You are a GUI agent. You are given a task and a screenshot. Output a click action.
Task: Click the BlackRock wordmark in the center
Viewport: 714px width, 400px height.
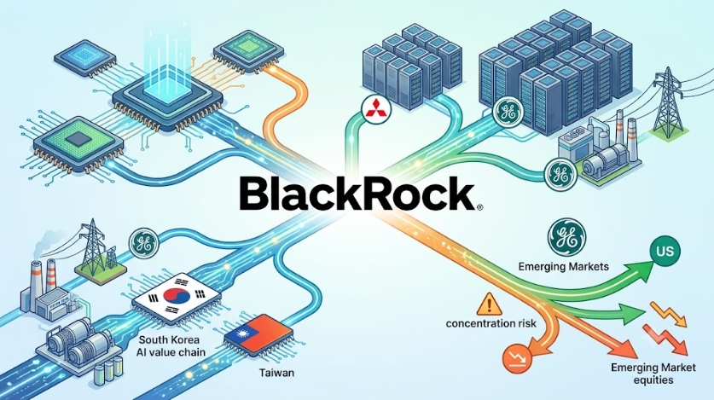coord(357,194)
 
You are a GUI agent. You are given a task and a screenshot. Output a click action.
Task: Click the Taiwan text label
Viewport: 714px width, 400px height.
coord(276,373)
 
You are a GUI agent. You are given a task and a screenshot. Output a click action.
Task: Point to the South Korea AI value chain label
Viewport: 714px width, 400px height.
coord(171,346)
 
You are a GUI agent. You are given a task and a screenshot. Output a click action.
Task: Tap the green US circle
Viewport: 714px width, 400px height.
coord(665,251)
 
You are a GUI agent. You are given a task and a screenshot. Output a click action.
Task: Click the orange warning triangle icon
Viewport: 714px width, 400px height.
coord(489,304)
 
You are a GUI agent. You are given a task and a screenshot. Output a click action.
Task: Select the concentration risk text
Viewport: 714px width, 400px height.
coord(491,323)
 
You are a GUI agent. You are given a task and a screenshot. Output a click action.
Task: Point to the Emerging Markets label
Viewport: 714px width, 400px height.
coord(563,266)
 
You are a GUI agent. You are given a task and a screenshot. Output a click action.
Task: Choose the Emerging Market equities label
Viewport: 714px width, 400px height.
coord(653,374)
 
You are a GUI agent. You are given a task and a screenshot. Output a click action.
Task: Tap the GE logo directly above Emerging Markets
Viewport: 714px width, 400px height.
coord(567,236)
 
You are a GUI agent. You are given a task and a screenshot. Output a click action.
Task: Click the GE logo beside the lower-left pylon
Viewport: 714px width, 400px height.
coord(143,243)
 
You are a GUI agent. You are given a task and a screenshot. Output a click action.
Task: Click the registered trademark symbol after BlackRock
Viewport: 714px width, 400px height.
coord(479,208)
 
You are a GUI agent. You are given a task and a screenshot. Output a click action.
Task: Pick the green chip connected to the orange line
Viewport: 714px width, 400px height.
coord(247,51)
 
